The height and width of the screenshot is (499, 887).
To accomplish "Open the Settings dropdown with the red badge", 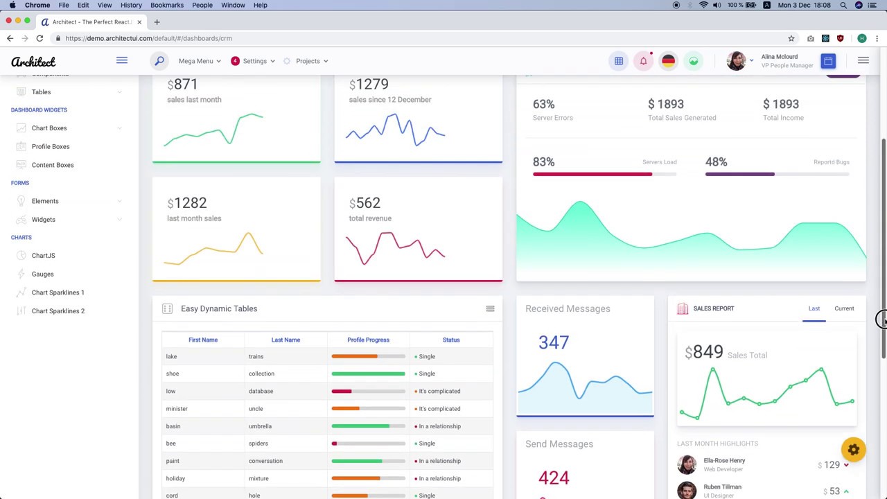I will pyautogui.click(x=253, y=61).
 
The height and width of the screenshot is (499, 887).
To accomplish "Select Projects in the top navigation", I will pyautogui.click(x=307, y=61).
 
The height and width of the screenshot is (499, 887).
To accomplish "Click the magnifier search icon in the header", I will pyautogui.click(x=159, y=61).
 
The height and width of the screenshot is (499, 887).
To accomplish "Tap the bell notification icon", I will pyautogui.click(x=643, y=61).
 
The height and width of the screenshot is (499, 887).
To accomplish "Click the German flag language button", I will pyautogui.click(x=668, y=61).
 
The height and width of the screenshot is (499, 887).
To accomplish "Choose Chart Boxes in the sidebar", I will pyautogui.click(x=49, y=128).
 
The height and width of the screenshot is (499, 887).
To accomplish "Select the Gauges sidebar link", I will pyautogui.click(x=42, y=274).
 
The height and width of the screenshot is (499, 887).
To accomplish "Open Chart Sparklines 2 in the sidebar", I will pyautogui.click(x=58, y=311).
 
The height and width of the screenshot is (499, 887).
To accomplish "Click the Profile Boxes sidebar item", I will pyautogui.click(x=51, y=146).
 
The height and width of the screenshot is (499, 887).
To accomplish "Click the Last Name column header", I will pyautogui.click(x=286, y=340).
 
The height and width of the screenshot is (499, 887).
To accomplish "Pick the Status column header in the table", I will pyautogui.click(x=451, y=340).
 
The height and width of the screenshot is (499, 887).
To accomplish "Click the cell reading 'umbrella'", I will pyautogui.click(x=260, y=426).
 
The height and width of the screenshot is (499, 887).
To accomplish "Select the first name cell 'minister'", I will pyautogui.click(x=177, y=409).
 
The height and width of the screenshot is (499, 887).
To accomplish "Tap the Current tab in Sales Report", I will pyautogui.click(x=844, y=308).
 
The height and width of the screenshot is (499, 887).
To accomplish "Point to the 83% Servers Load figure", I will pyautogui.click(x=543, y=162).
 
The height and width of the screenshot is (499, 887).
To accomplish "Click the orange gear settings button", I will pyautogui.click(x=854, y=450).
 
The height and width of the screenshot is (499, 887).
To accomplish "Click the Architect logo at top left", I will pyautogui.click(x=33, y=62).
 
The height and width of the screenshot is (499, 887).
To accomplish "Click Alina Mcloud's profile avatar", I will pyautogui.click(x=736, y=61).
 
